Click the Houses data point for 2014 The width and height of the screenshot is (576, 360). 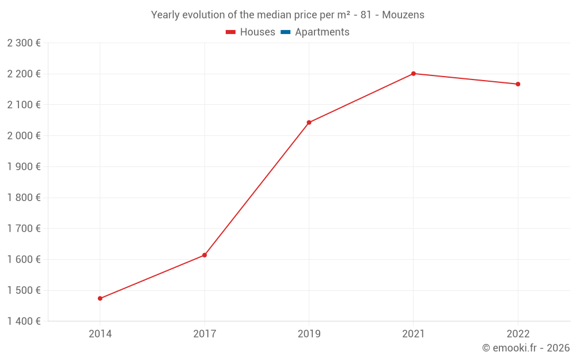100,298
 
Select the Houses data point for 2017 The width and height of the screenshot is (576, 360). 204,255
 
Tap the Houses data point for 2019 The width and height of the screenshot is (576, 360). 309,123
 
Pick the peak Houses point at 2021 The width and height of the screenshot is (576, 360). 414,74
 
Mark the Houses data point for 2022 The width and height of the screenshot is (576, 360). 518,84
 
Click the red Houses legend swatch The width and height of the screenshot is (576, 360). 231,32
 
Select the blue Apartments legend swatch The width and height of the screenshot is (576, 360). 285,32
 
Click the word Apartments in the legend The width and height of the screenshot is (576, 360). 322,32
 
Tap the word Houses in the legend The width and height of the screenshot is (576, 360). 257,32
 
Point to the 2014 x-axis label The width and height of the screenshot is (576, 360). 100,334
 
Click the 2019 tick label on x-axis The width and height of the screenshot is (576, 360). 309,334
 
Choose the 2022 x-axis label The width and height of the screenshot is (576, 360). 518,334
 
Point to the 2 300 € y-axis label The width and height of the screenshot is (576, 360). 24,43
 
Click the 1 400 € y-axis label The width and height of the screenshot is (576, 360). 24,321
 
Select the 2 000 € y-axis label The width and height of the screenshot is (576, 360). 24,136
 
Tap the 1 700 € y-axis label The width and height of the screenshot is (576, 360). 24,229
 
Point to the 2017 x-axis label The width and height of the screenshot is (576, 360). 204,334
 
